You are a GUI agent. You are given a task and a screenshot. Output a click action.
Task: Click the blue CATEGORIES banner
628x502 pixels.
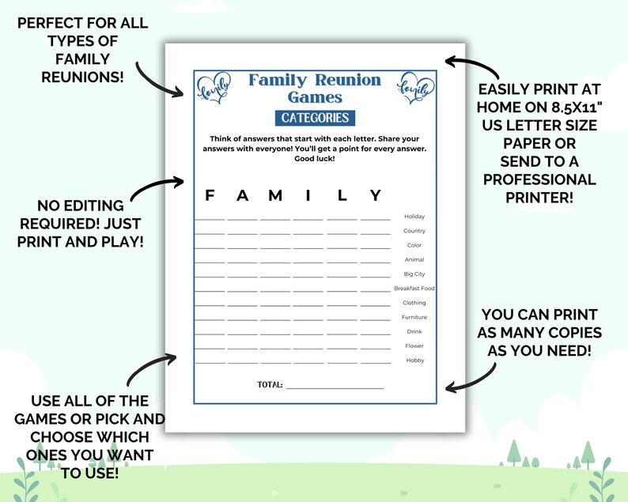[315, 118]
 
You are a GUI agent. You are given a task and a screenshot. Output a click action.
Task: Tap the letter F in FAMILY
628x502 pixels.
[210, 195]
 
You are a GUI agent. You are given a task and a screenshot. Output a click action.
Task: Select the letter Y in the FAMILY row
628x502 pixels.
[376, 195]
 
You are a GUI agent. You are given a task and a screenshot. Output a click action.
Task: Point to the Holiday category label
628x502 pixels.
[414, 217]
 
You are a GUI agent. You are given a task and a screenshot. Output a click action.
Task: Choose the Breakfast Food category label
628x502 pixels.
[414, 289]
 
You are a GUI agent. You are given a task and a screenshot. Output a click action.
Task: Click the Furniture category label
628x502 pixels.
[414, 317]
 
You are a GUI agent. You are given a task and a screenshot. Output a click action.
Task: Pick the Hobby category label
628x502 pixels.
[414, 360]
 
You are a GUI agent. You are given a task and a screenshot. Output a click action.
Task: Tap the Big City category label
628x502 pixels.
[414, 274]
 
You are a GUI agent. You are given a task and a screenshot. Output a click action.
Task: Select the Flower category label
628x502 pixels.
[414, 346]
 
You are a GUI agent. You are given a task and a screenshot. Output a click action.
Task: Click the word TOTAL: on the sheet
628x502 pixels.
[270, 385]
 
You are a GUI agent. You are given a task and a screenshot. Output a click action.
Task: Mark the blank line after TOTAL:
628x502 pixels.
[335, 387]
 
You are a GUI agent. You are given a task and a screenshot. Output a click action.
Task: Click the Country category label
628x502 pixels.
[414, 231]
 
